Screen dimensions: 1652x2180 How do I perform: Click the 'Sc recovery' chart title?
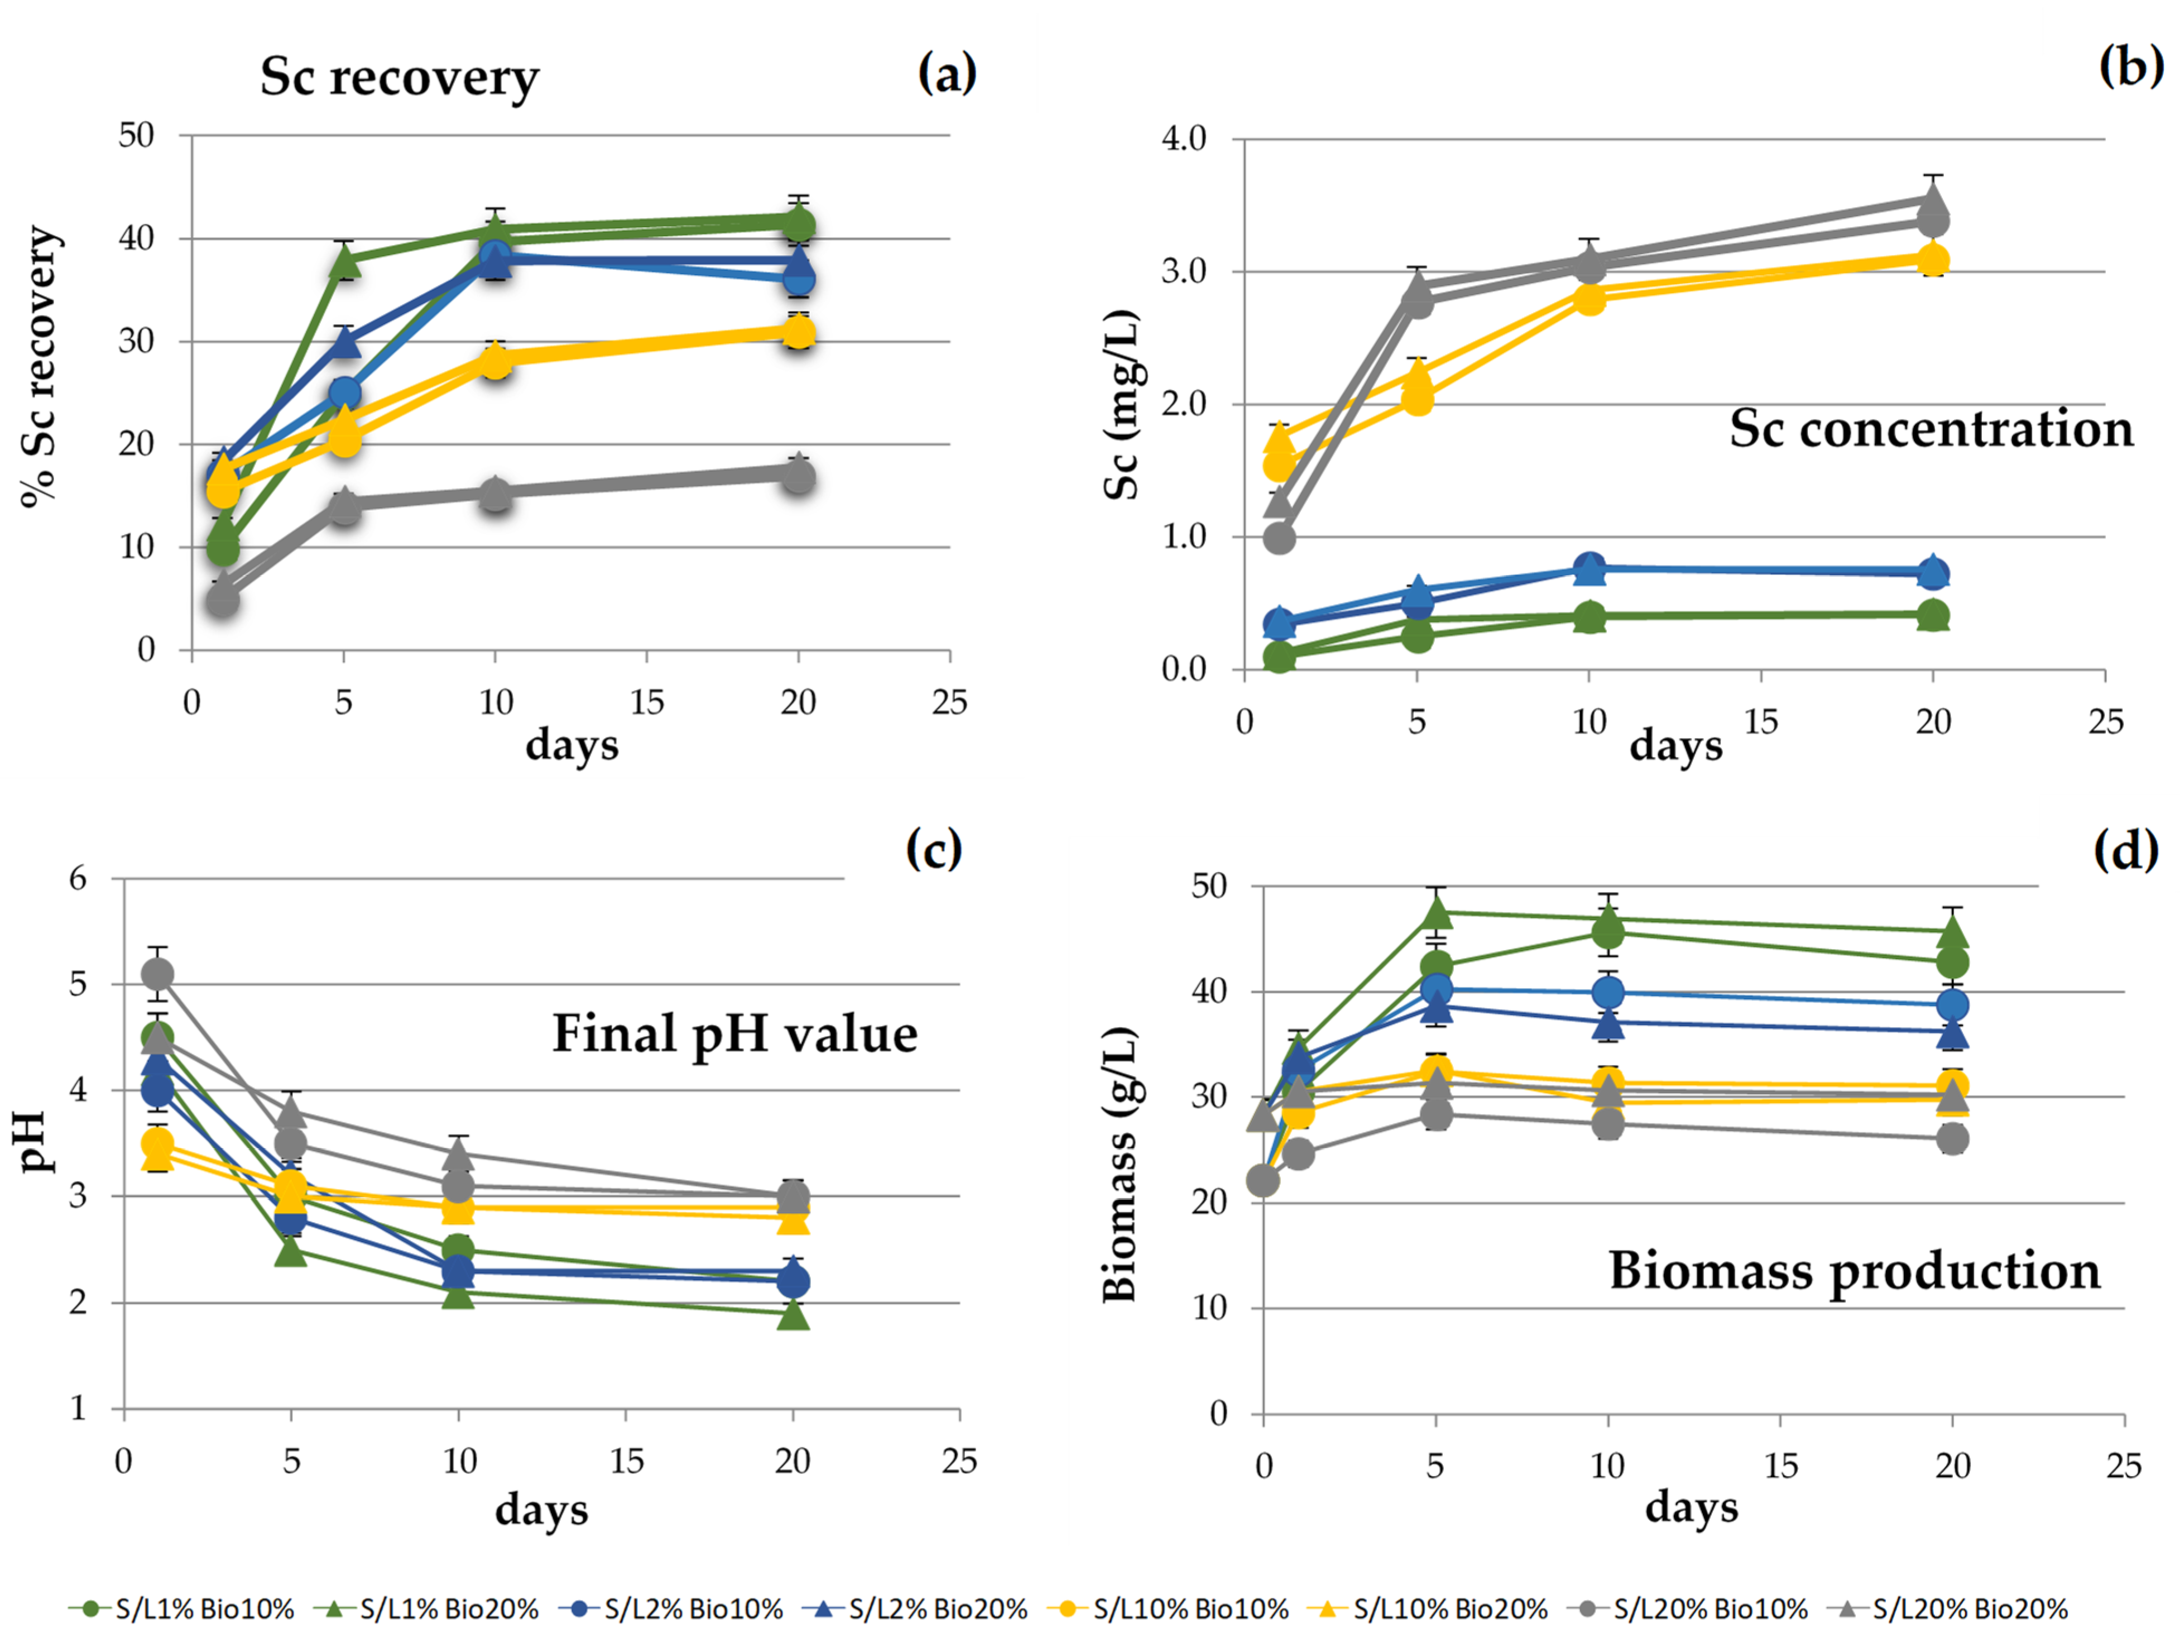[399, 77]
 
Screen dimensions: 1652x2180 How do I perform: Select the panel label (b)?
[2131, 67]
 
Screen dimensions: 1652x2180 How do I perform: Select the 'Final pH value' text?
[734, 1034]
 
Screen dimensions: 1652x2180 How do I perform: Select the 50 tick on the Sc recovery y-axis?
[136, 135]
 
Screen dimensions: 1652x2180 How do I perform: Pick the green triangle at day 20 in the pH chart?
[793, 1315]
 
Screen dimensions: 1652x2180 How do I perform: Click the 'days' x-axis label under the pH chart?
[541, 1509]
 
